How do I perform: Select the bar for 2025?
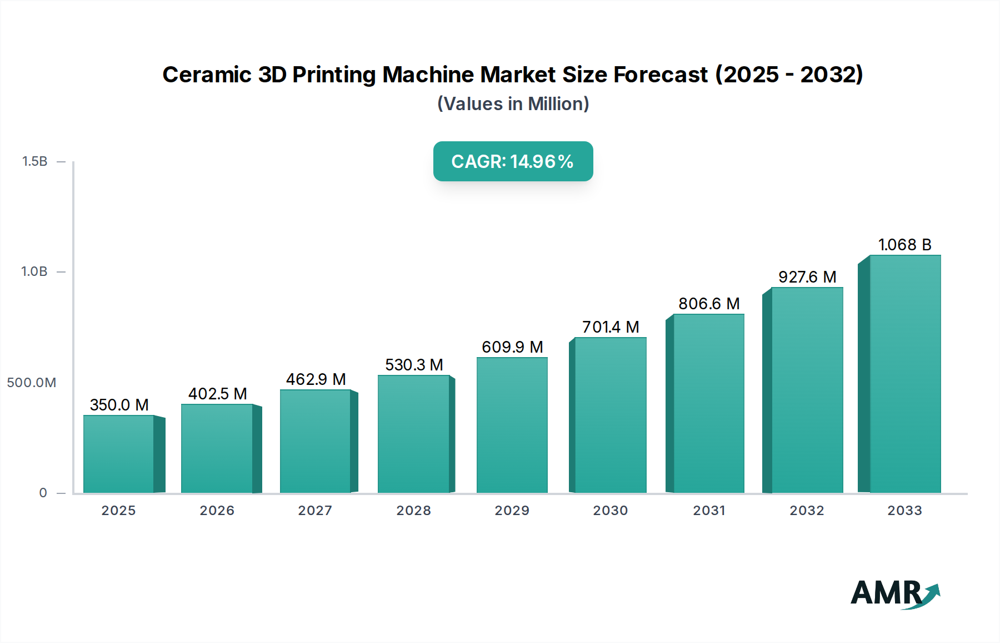(x=119, y=454)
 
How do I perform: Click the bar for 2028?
(x=414, y=434)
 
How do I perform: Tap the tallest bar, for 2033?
(x=905, y=374)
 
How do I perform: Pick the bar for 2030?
(x=611, y=415)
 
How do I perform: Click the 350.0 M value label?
(x=119, y=405)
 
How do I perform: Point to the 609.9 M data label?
(x=512, y=347)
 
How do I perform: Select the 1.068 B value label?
(x=904, y=245)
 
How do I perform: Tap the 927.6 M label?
(x=807, y=277)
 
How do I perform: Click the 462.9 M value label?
(x=316, y=379)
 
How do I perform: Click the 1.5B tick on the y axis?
(x=34, y=161)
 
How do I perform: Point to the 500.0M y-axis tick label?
(x=32, y=383)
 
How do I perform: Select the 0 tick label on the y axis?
(x=43, y=493)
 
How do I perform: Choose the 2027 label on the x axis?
(x=315, y=511)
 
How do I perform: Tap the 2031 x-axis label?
(x=709, y=511)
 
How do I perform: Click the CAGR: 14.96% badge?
(x=513, y=161)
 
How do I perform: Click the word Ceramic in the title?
(x=207, y=75)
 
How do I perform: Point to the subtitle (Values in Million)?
(x=513, y=104)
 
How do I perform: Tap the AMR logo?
(x=894, y=593)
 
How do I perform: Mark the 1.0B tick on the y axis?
(x=34, y=271)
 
